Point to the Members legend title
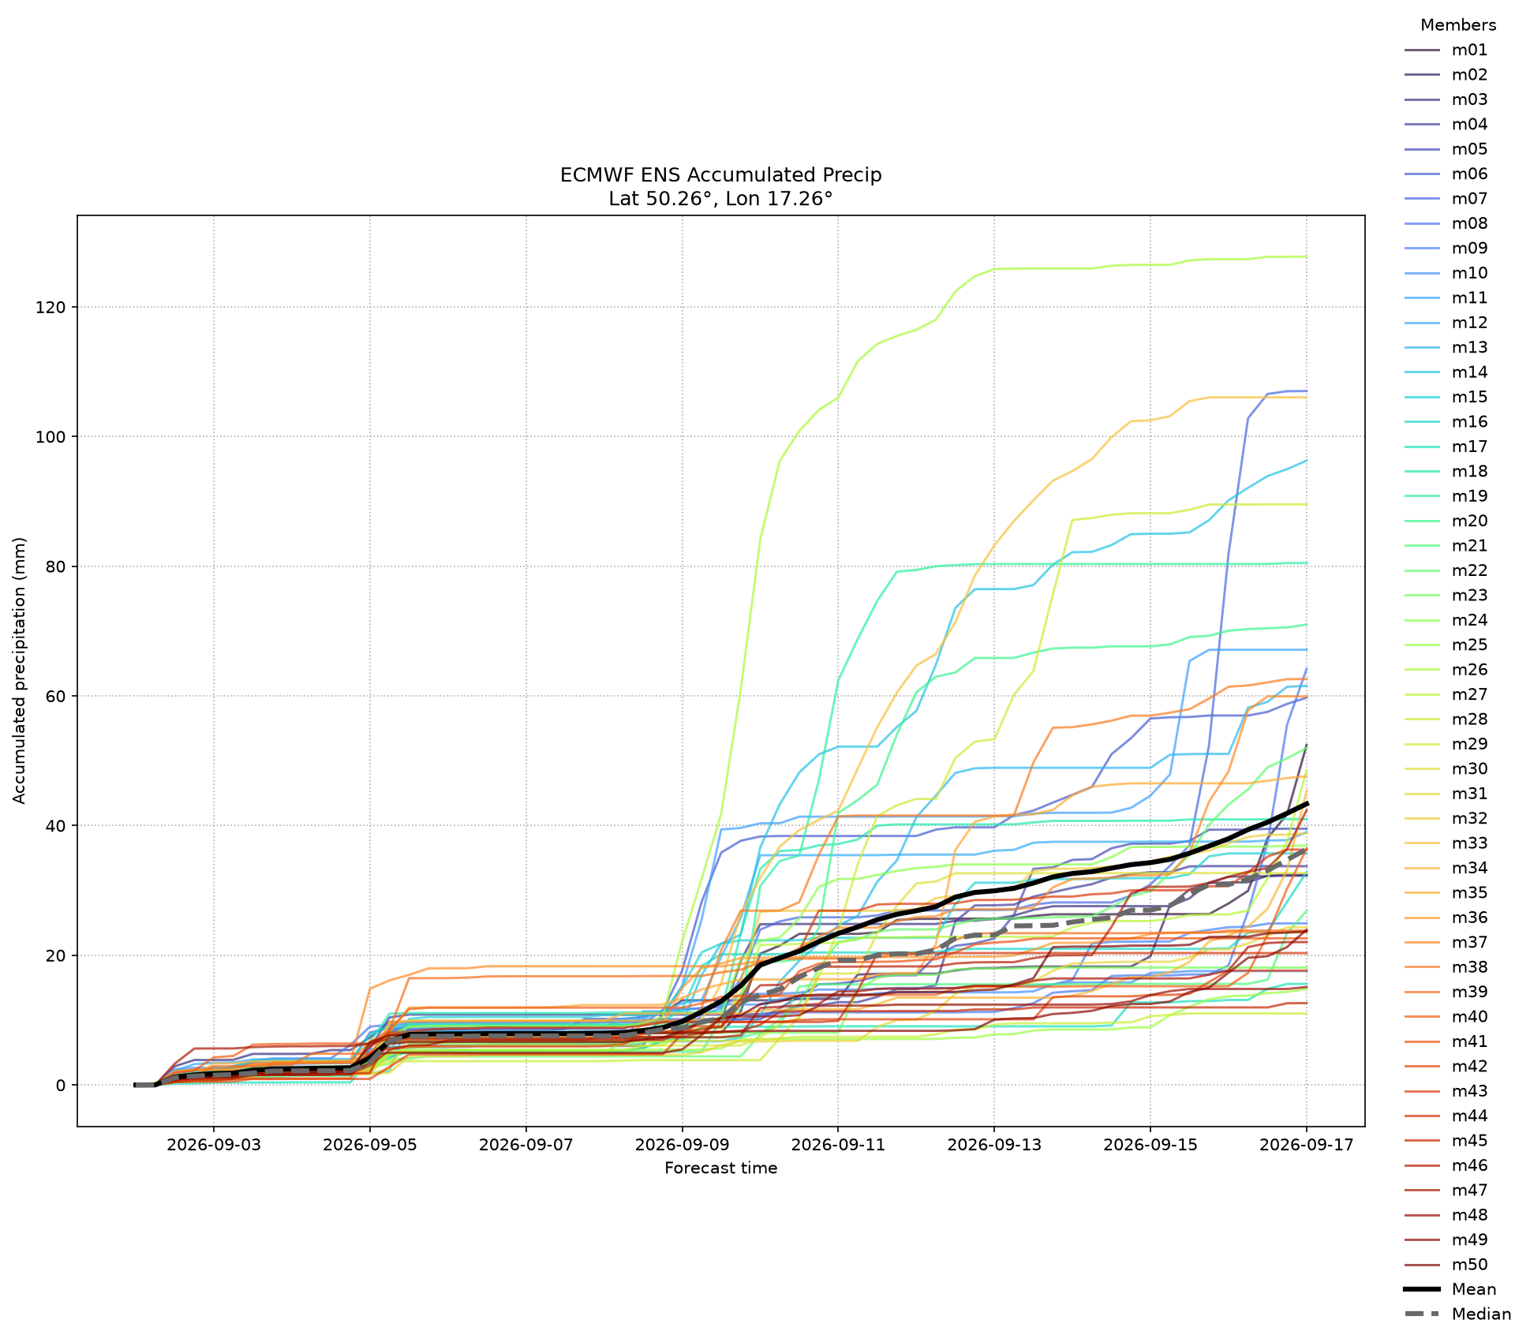pos(1458,25)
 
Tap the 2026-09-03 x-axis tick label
pos(214,1146)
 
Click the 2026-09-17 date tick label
pos(1307,1146)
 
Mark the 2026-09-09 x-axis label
pos(682,1146)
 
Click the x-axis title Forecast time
pos(721,1168)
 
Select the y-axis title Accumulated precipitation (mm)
pos(20,671)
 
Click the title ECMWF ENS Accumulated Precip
pos(721,175)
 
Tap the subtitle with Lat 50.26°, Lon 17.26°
pos(721,199)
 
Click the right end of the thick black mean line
pos(1307,803)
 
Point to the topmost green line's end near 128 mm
pos(1307,256)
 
